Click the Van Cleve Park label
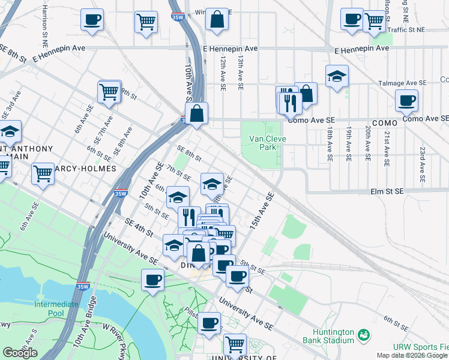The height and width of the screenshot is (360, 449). pyautogui.click(x=265, y=142)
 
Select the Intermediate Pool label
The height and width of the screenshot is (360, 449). pyautogui.click(x=56, y=308)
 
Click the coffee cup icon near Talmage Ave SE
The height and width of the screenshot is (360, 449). pyautogui.click(x=406, y=101)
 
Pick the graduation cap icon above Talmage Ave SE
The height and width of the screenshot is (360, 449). pyautogui.click(x=337, y=76)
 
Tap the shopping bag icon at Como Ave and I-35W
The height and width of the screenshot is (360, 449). pyautogui.click(x=196, y=113)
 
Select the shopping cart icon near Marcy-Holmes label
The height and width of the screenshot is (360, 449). pyautogui.click(x=43, y=173)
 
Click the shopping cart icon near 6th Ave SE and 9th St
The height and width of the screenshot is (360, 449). pyautogui.click(x=109, y=92)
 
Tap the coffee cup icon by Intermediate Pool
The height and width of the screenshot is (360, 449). pyautogui.click(x=152, y=280)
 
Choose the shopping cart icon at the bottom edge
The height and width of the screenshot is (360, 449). pyautogui.click(x=235, y=345)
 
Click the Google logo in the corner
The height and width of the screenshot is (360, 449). pyautogui.click(x=20, y=353)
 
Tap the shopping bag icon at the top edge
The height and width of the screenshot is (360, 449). pyautogui.click(x=217, y=20)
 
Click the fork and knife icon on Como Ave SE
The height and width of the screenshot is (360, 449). pyautogui.click(x=291, y=103)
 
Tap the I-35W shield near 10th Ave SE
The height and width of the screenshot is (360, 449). pyautogui.click(x=120, y=193)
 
